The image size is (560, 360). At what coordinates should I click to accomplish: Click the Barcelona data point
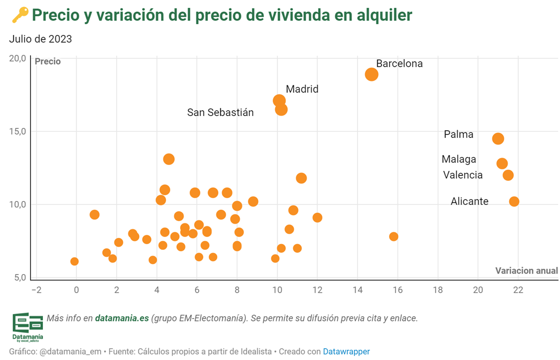click(371, 75)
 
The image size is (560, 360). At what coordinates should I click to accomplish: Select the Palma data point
click(498, 139)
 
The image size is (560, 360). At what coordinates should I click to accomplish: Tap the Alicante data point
click(514, 201)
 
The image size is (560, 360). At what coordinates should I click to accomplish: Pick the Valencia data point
click(508, 175)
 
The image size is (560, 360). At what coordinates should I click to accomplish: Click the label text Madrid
click(302, 89)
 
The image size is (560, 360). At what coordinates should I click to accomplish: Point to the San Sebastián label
click(220, 113)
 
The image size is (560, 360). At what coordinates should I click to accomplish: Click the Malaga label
click(459, 159)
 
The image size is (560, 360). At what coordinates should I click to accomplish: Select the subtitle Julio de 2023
click(40, 39)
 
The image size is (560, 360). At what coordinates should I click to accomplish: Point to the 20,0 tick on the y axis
click(18, 58)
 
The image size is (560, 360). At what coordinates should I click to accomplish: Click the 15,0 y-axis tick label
click(18, 131)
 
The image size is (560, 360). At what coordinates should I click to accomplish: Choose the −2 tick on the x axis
click(36, 289)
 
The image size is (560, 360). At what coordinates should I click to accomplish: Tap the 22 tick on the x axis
click(518, 289)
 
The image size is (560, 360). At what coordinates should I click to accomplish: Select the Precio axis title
click(47, 62)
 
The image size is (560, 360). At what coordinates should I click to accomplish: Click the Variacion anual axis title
click(526, 271)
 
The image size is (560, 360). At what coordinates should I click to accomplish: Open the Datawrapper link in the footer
click(346, 352)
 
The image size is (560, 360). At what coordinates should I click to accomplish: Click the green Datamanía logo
click(28, 326)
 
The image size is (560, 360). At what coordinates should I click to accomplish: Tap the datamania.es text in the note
click(122, 319)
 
